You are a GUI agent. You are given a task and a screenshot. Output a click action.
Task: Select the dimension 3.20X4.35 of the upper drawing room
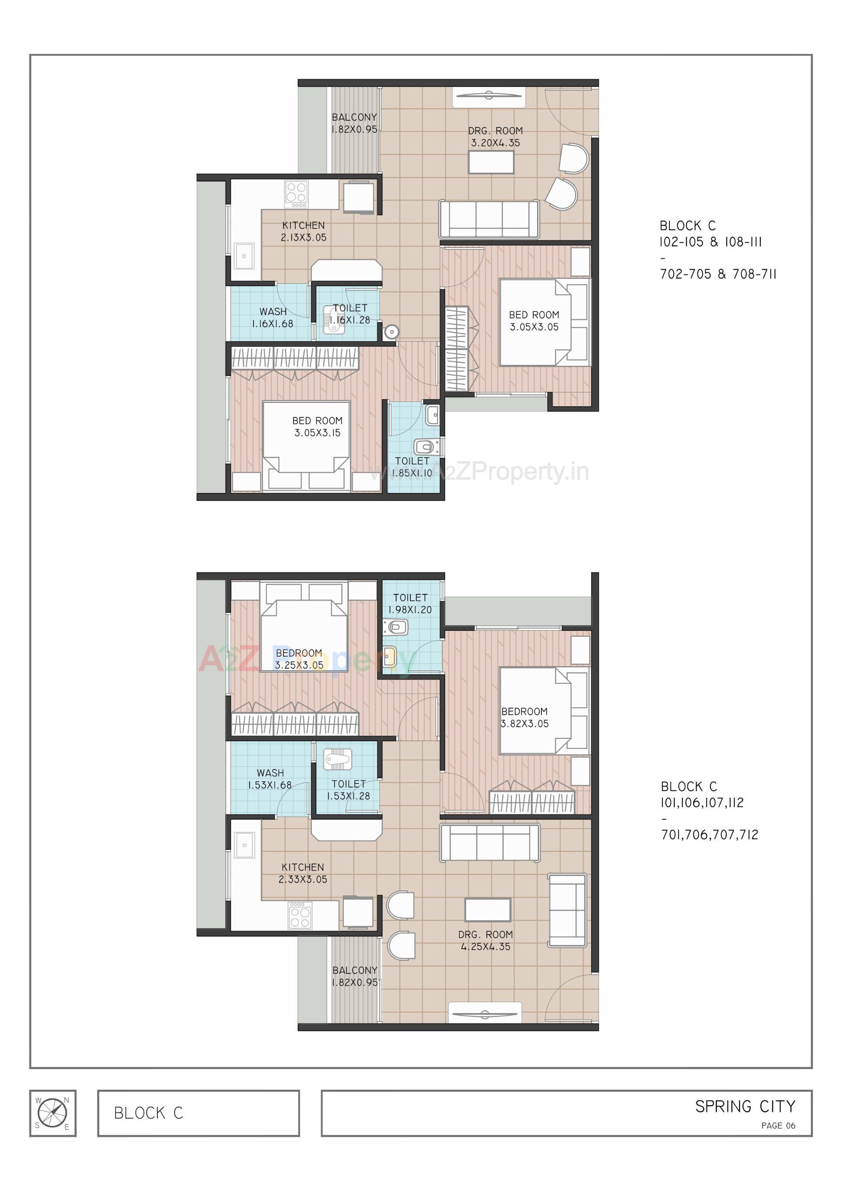(x=495, y=143)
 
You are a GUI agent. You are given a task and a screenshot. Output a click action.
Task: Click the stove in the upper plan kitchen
(x=296, y=194)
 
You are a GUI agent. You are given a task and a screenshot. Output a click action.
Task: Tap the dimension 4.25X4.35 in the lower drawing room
(x=486, y=946)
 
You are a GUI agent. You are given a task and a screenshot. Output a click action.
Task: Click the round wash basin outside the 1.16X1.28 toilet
(x=392, y=331)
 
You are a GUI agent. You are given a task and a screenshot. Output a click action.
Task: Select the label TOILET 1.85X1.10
(x=412, y=466)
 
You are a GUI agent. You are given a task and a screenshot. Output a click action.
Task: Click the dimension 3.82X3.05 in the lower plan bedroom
(x=524, y=724)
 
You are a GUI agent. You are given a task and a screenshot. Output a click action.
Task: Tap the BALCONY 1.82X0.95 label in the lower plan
(x=355, y=976)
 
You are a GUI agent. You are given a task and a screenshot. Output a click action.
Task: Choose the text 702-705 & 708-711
(x=717, y=274)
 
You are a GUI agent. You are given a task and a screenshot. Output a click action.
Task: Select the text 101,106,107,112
(x=702, y=802)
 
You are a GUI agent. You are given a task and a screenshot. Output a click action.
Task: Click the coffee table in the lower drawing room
(x=488, y=910)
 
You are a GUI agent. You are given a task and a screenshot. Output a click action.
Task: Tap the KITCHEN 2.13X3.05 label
(x=303, y=231)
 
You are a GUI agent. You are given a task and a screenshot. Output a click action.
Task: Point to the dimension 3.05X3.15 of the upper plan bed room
(x=317, y=433)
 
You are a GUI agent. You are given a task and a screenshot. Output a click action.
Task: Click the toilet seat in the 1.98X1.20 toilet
(x=397, y=628)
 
